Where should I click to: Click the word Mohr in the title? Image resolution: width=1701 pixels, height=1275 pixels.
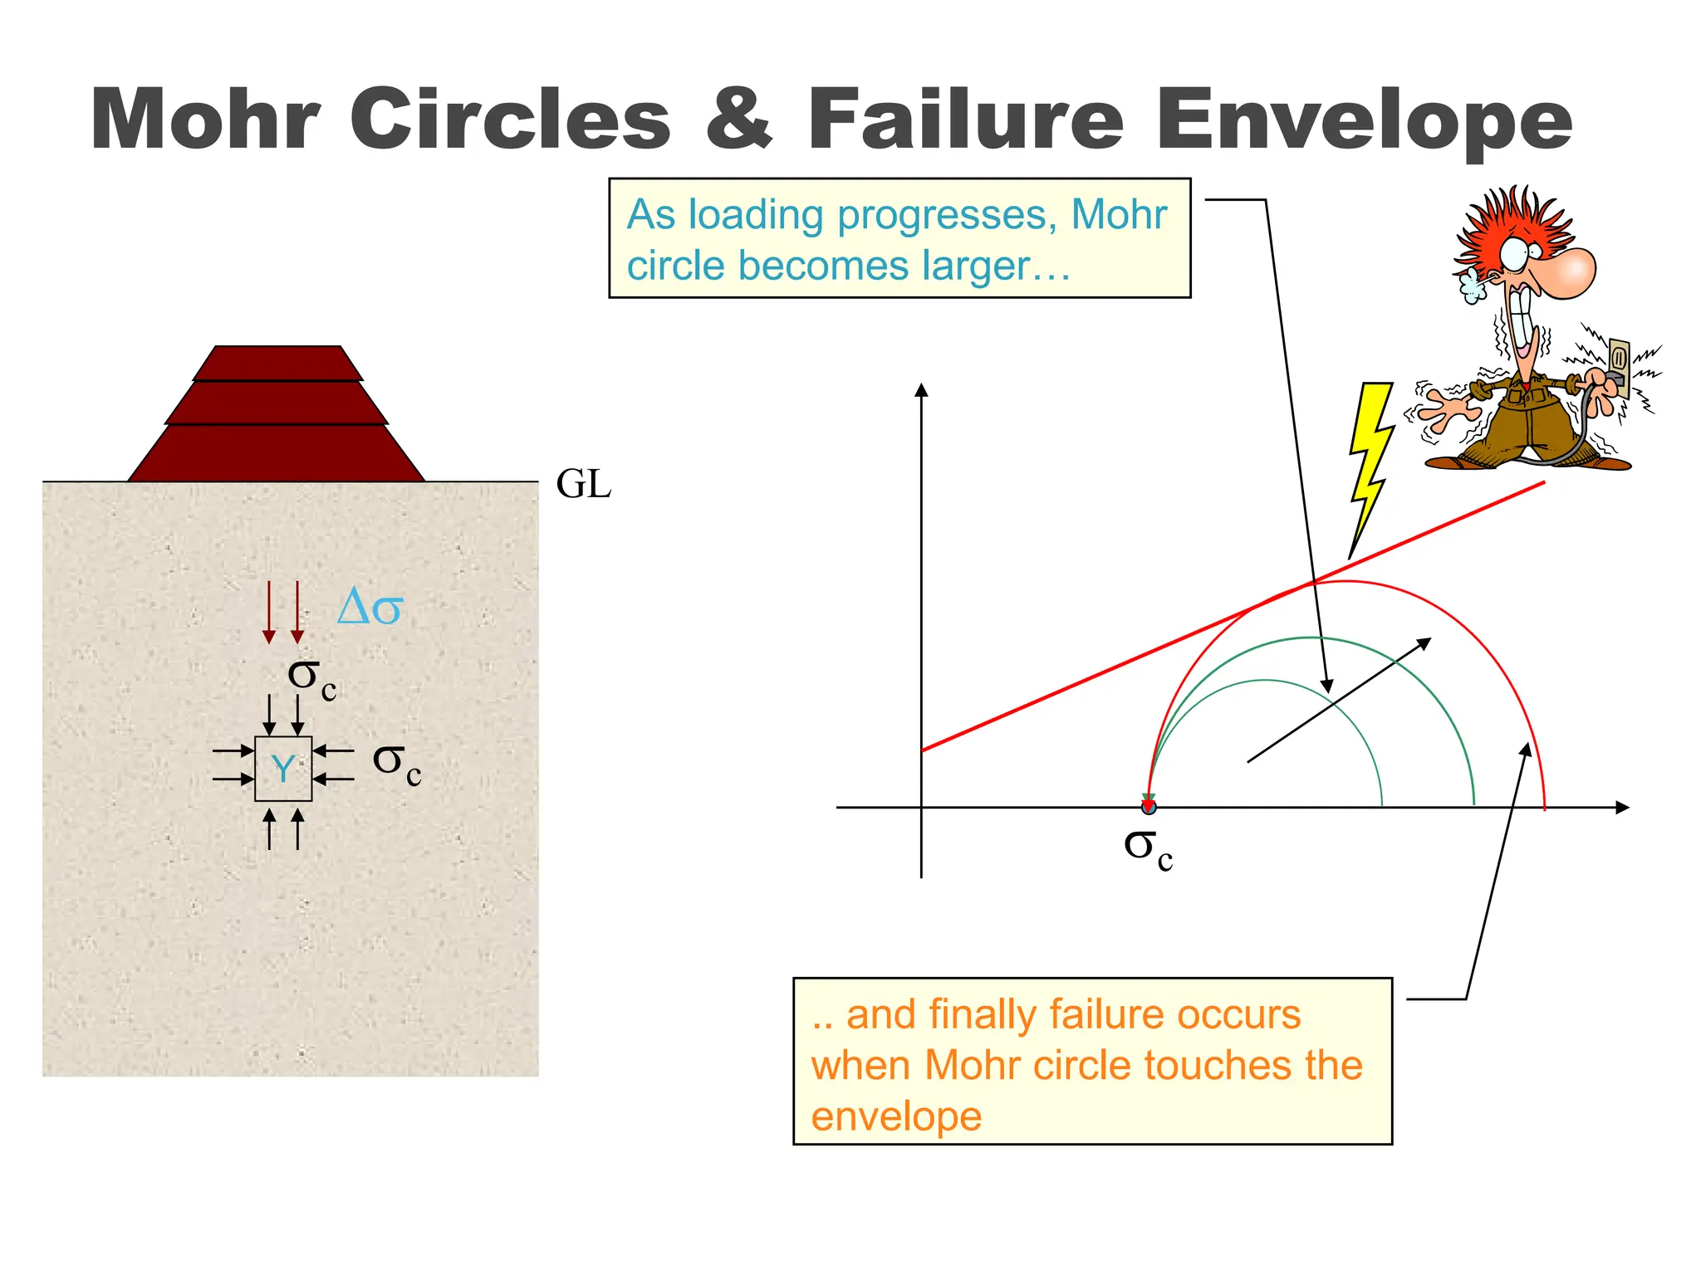[204, 120]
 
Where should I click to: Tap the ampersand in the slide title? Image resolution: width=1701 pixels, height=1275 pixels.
[738, 120]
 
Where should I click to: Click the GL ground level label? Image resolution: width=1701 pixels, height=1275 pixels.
[583, 484]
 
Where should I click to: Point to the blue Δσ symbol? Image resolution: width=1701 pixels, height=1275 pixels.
[370, 608]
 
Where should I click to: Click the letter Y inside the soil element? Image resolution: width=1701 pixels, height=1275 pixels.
[283, 769]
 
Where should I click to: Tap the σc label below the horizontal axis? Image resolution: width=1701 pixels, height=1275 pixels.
[1147, 848]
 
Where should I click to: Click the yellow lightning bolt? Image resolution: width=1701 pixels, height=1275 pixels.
[1369, 465]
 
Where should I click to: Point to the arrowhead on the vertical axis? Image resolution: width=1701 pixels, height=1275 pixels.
[920, 390]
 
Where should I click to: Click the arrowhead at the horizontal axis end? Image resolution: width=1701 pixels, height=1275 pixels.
[1622, 807]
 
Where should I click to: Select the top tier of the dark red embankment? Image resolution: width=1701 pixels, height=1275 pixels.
[277, 363]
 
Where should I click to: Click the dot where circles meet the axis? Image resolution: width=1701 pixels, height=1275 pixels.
[1149, 806]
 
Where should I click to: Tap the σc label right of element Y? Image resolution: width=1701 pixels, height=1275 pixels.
[397, 763]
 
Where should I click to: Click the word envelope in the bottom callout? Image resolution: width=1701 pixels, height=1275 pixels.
[896, 1116]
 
